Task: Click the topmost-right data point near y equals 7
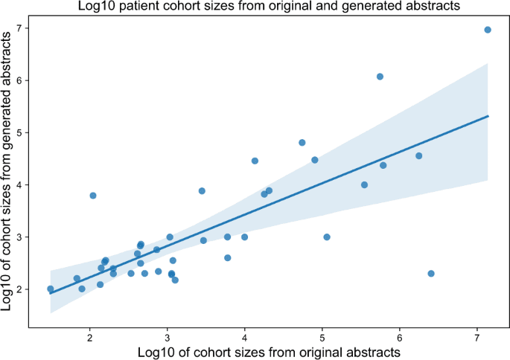click(x=488, y=30)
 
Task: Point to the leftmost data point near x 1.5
click(x=51, y=289)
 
